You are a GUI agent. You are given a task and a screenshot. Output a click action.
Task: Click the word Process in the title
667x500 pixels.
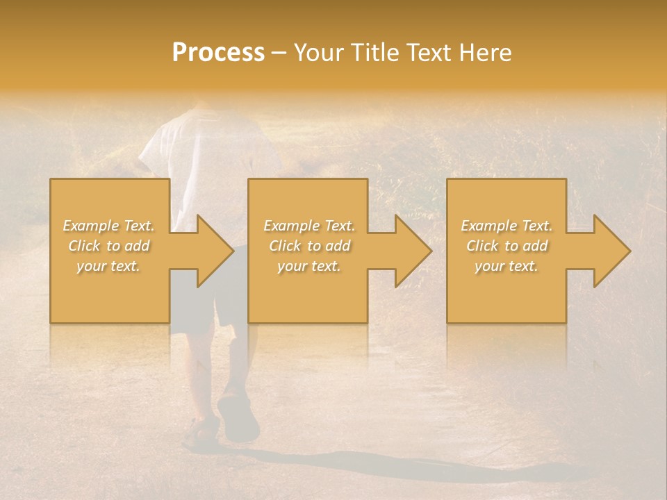(x=218, y=53)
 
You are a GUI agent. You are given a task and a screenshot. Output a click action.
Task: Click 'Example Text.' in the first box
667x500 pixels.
(x=108, y=226)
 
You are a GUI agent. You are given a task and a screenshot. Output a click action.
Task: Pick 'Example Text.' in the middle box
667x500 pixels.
(x=308, y=226)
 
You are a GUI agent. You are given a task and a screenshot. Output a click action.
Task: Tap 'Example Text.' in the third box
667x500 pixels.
(x=507, y=226)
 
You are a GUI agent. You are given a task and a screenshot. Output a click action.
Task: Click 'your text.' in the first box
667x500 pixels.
(x=108, y=266)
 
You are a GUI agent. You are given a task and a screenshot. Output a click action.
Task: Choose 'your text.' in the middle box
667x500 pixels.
(x=308, y=266)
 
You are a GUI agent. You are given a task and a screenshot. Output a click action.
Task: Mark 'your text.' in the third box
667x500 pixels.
(x=507, y=266)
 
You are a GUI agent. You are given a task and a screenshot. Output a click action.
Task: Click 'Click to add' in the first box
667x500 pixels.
(x=108, y=246)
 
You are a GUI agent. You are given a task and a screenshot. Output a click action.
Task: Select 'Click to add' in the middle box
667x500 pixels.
(x=308, y=246)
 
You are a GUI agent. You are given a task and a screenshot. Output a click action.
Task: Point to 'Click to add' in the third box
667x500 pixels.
(x=507, y=246)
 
